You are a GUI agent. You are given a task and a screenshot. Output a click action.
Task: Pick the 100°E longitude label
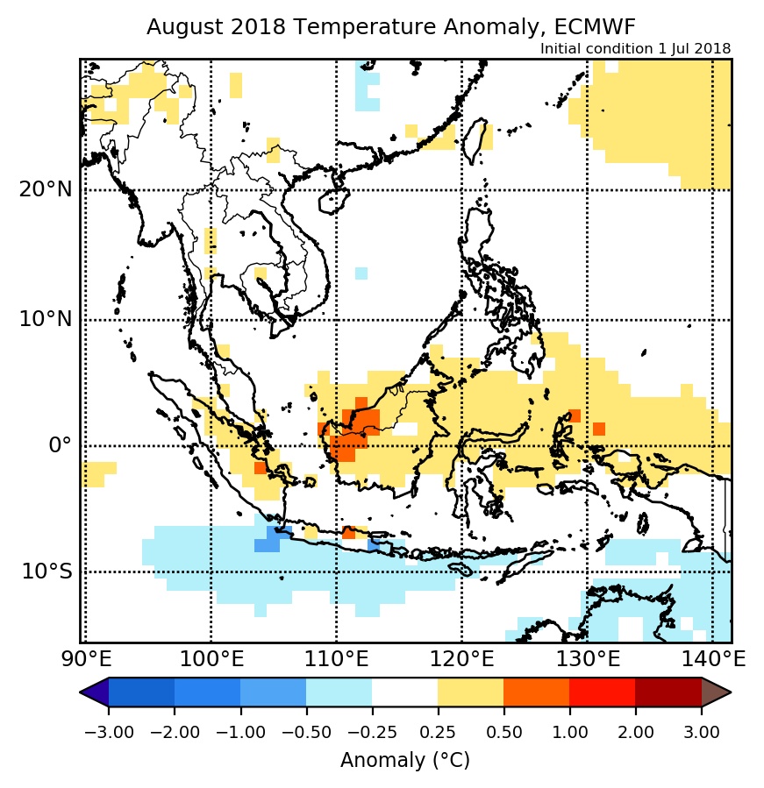tap(211, 657)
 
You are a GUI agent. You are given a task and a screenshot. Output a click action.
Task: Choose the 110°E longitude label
tap(336, 657)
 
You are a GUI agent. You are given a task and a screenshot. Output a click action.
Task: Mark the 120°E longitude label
tap(461, 657)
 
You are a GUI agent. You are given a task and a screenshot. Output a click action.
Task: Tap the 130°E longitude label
tap(587, 657)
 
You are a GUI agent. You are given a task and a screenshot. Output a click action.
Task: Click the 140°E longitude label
tap(711, 657)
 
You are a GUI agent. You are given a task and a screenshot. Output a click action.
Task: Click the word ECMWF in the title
tap(603, 27)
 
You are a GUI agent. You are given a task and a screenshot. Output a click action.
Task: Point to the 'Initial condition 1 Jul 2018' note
tap(635, 48)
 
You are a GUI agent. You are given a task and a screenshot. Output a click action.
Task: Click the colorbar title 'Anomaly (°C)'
tap(405, 760)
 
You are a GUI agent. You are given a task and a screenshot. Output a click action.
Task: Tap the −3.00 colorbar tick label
tap(109, 732)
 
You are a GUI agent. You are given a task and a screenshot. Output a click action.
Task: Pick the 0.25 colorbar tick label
tap(438, 732)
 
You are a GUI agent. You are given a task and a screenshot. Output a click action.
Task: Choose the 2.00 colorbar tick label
tap(635, 732)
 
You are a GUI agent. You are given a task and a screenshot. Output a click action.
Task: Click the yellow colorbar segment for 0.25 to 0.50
tap(470, 692)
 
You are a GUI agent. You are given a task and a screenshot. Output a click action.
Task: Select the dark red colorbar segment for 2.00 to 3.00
tap(668, 692)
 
